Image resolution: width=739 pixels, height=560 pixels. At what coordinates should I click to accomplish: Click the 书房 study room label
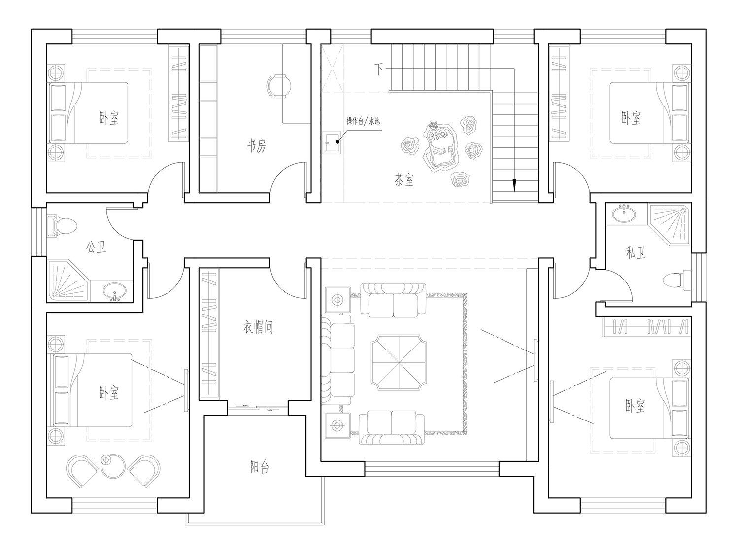[x=257, y=146]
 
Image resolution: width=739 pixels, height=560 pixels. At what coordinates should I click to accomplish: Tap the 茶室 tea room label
[x=403, y=180]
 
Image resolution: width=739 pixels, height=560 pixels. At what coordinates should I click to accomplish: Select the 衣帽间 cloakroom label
[x=258, y=327]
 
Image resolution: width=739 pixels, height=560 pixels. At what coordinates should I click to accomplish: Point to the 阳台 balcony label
[x=259, y=467]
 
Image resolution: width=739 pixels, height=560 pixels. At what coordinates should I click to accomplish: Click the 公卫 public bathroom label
[x=96, y=247]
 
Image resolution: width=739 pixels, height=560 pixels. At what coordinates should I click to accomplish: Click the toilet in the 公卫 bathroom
[x=62, y=226]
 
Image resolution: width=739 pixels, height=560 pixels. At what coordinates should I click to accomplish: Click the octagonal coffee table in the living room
[x=399, y=363]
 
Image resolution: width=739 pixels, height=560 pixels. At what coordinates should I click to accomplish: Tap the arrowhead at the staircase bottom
[x=514, y=185]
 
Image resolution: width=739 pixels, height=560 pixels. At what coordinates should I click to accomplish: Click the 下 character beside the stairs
[x=379, y=70]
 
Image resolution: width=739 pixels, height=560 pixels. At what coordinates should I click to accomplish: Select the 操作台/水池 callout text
[x=363, y=121]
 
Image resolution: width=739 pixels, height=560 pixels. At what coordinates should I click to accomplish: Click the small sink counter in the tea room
[x=332, y=142]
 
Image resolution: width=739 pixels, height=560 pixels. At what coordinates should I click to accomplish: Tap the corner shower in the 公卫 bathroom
[x=68, y=280]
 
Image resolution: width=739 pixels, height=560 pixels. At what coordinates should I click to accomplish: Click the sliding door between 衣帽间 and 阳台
[x=258, y=408]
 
